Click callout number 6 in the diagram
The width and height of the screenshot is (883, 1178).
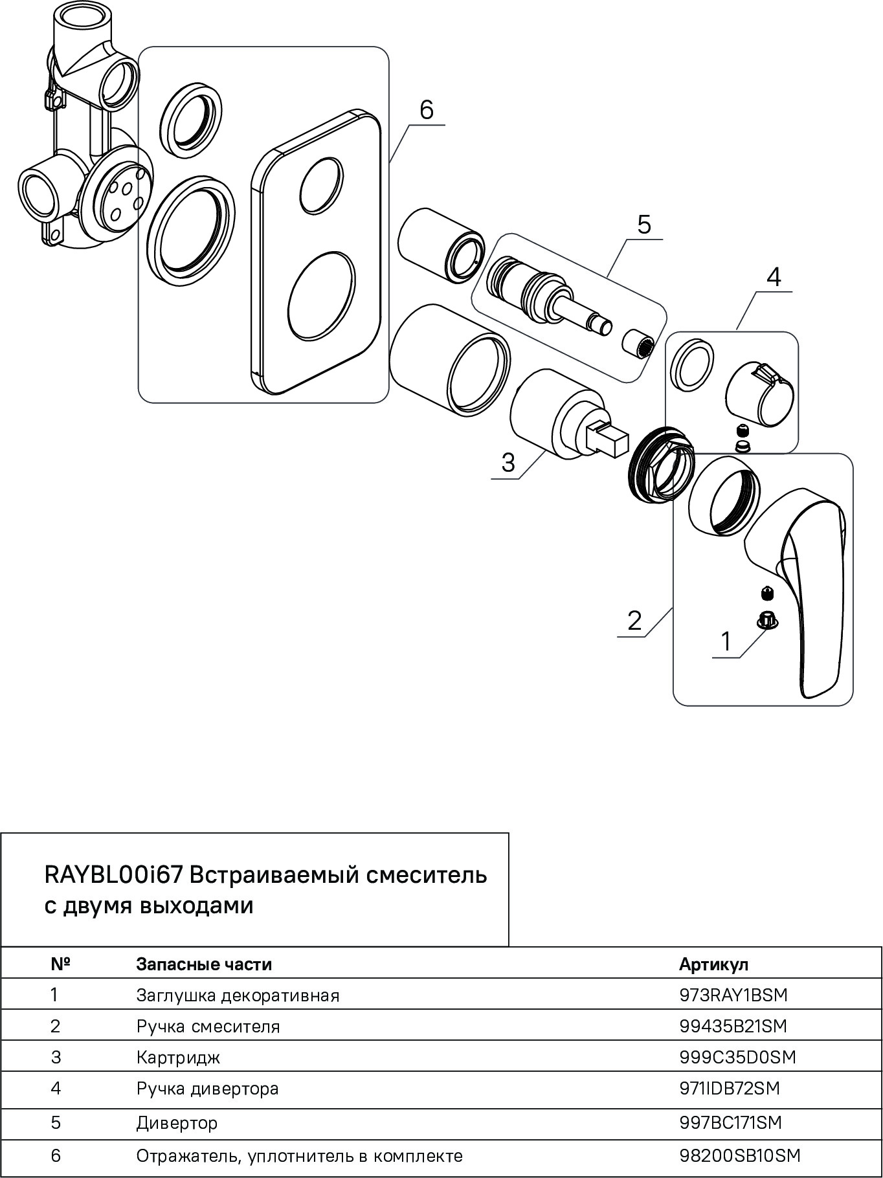pos(426,111)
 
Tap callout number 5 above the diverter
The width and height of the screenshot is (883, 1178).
pos(643,225)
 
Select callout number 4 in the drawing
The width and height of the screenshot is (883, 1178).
pos(774,277)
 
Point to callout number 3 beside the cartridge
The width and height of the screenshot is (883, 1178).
pos(508,463)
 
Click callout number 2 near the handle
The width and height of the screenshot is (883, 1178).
pos(634,621)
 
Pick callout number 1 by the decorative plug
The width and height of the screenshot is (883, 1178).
pos(726,641)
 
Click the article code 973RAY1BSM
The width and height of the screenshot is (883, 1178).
pos(733,995)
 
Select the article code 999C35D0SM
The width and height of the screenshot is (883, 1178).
pos(737,1057)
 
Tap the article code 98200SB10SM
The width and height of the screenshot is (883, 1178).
pos(739,1155)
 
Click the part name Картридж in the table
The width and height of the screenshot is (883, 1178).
pos(178,1058)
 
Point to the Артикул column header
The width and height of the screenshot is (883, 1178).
pos(713,964)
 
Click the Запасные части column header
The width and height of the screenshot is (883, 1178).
pos(204,964)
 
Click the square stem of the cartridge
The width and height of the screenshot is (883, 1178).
pos(609,439)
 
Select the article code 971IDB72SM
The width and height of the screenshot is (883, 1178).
pos(730,1089)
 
